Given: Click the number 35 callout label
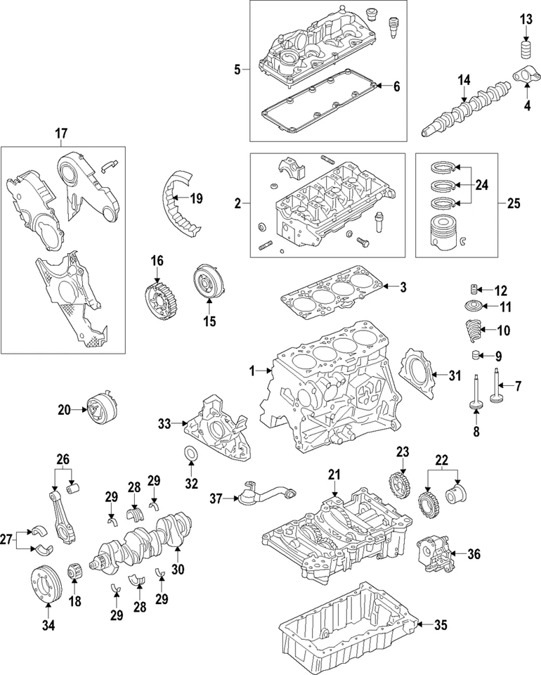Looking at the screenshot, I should click(441, 624).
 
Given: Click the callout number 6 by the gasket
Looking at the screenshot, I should click(396, 87).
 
